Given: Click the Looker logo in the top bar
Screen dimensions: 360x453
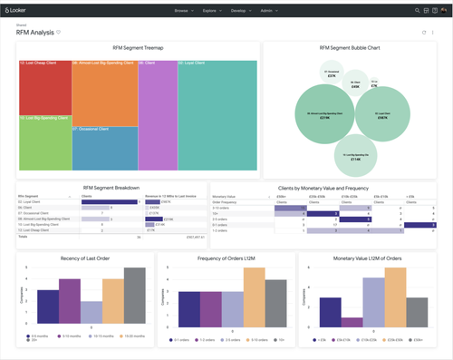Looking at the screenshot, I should click(20, 11).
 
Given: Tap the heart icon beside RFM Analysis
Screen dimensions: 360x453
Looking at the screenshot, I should click(59, 32).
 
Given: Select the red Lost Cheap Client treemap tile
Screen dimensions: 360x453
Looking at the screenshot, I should click(44, 88).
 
